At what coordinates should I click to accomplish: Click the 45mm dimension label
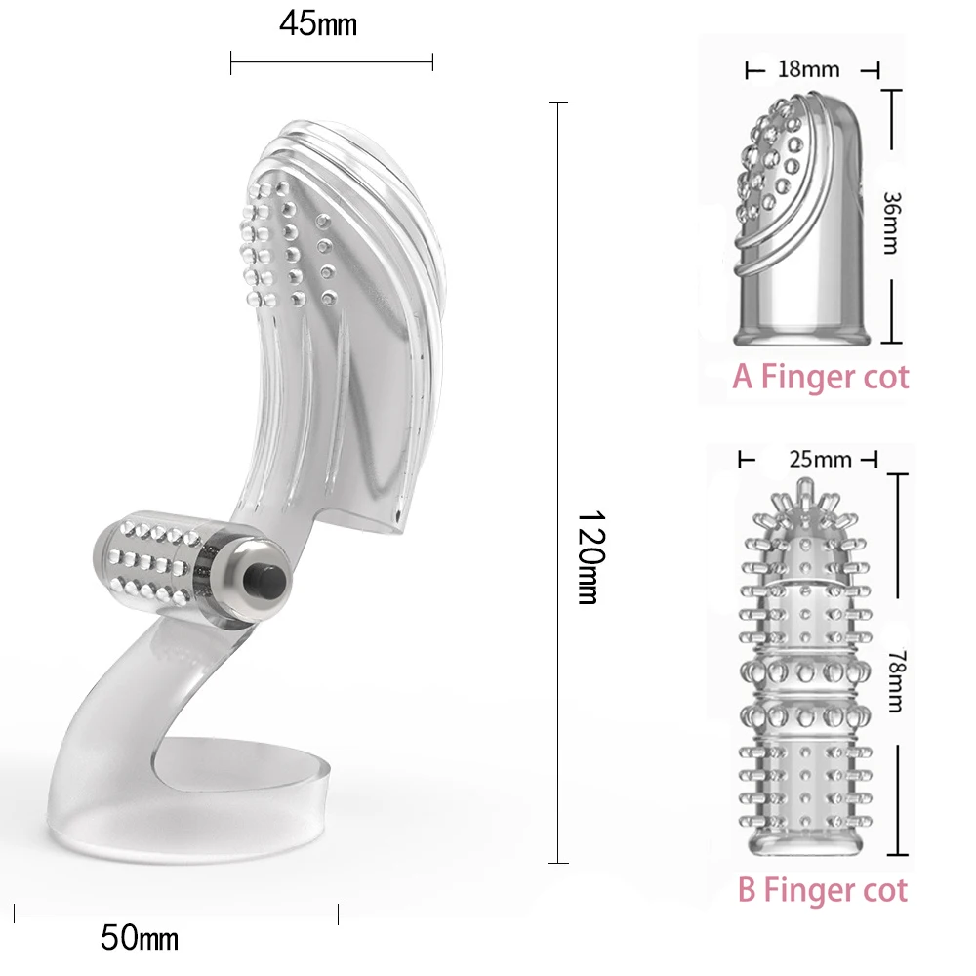[x=318, y=24]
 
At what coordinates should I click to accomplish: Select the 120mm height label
[x=587, y=557]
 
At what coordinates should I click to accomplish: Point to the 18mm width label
[x=810, y=69]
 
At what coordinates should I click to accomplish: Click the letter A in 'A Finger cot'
[x=743, y=377]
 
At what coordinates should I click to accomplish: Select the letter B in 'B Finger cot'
[x=748, y=889]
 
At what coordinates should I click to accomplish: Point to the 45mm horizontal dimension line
[x=332, y=63]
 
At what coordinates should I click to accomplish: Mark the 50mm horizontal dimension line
[x=176, y=915]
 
